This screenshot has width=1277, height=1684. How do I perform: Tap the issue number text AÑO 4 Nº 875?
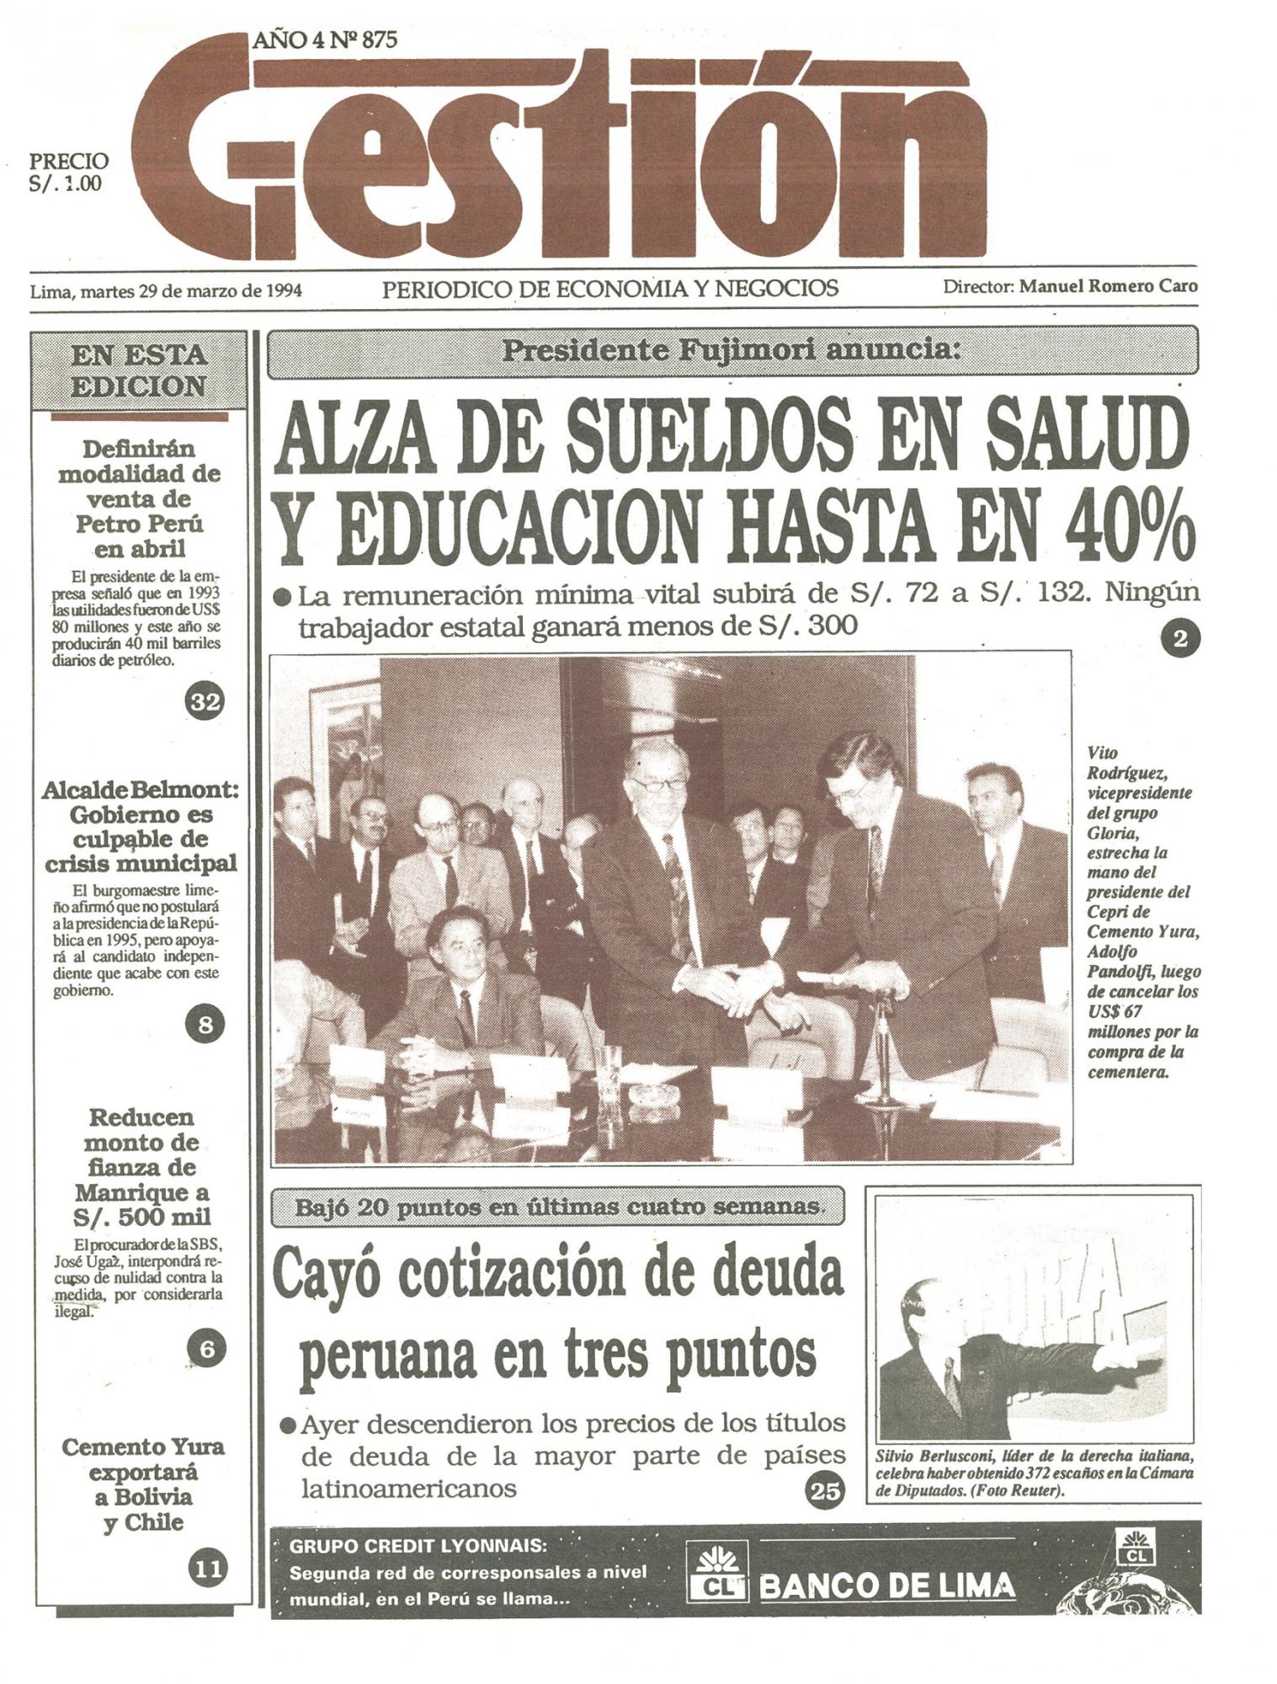pos(324,40)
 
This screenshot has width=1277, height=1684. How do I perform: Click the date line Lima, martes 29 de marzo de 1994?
pos(166,291)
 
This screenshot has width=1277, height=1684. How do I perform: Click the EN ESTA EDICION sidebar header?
pos(139,370)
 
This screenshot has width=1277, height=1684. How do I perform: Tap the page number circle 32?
pos(205,701)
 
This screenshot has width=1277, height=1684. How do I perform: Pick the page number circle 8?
pos(205,1025)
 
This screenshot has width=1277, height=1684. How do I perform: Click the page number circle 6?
pos(206,1349)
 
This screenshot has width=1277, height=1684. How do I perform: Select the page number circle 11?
pos(207,1568)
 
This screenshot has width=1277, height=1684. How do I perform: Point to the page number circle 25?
pos(824,1490)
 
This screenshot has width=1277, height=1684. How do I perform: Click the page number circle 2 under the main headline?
pos(1179,640)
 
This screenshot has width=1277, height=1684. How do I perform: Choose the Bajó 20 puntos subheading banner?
pos(557,1207)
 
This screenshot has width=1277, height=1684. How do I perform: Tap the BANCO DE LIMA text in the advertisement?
pos(886,1586)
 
